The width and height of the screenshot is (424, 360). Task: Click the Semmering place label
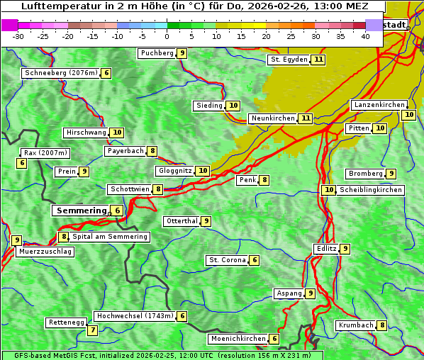[80, 210]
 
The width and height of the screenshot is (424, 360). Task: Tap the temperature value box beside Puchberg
[182, 53]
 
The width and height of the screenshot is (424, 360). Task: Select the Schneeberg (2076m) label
[60, 73]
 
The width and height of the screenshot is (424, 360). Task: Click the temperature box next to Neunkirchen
[305, 118]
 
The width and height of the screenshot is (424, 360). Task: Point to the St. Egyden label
[289, 60]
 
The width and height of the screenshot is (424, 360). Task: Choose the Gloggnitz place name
[174, 171]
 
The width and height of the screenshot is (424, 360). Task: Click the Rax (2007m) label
[45, 153]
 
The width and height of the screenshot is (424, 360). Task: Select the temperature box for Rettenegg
[92, 330]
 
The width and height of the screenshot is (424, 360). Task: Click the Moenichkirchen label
[239, 339]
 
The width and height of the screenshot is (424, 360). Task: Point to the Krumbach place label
[356, 325]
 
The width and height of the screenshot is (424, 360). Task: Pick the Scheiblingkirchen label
[370, 190]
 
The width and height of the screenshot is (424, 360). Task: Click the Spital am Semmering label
[110, 237]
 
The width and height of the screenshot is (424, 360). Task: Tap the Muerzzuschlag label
[45, 252]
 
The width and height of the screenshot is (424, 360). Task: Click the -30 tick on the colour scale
[18, 35]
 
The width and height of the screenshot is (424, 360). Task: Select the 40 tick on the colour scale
[364, 35]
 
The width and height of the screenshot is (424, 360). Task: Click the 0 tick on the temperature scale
[167, 35]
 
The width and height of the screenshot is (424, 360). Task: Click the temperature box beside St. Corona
[255, 260]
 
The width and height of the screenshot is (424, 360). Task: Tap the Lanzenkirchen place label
[379, 105]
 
